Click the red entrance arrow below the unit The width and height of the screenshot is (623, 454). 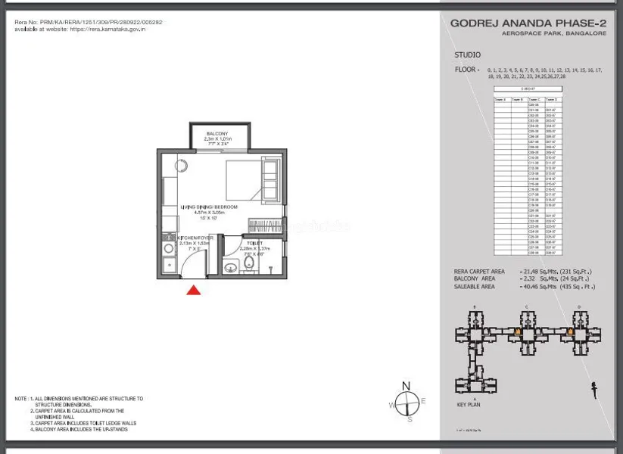coord(194,290)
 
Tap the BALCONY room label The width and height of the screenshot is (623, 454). coord(217,134)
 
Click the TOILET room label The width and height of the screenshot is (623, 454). coord(254,244)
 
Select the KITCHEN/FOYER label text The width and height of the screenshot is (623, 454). coord(195,238)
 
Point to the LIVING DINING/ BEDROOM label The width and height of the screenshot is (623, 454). coord(208,207)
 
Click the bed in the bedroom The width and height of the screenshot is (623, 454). coord(253,179)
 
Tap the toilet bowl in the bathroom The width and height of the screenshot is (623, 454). coord(248,264)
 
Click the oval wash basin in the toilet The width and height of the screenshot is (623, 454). coord(230,266)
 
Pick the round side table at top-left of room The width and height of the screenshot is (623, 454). coord(182,165)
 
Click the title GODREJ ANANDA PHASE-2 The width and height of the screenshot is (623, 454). coord(528,23)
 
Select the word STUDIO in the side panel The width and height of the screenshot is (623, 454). coord(467,55)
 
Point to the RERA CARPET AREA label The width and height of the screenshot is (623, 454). coord(479,272)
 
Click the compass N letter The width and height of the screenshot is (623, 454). coord(406,387)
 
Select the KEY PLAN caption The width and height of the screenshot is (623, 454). coord(469,405)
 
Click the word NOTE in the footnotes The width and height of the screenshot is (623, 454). coord(21,399)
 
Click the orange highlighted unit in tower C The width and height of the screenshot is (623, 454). coord(518,331)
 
